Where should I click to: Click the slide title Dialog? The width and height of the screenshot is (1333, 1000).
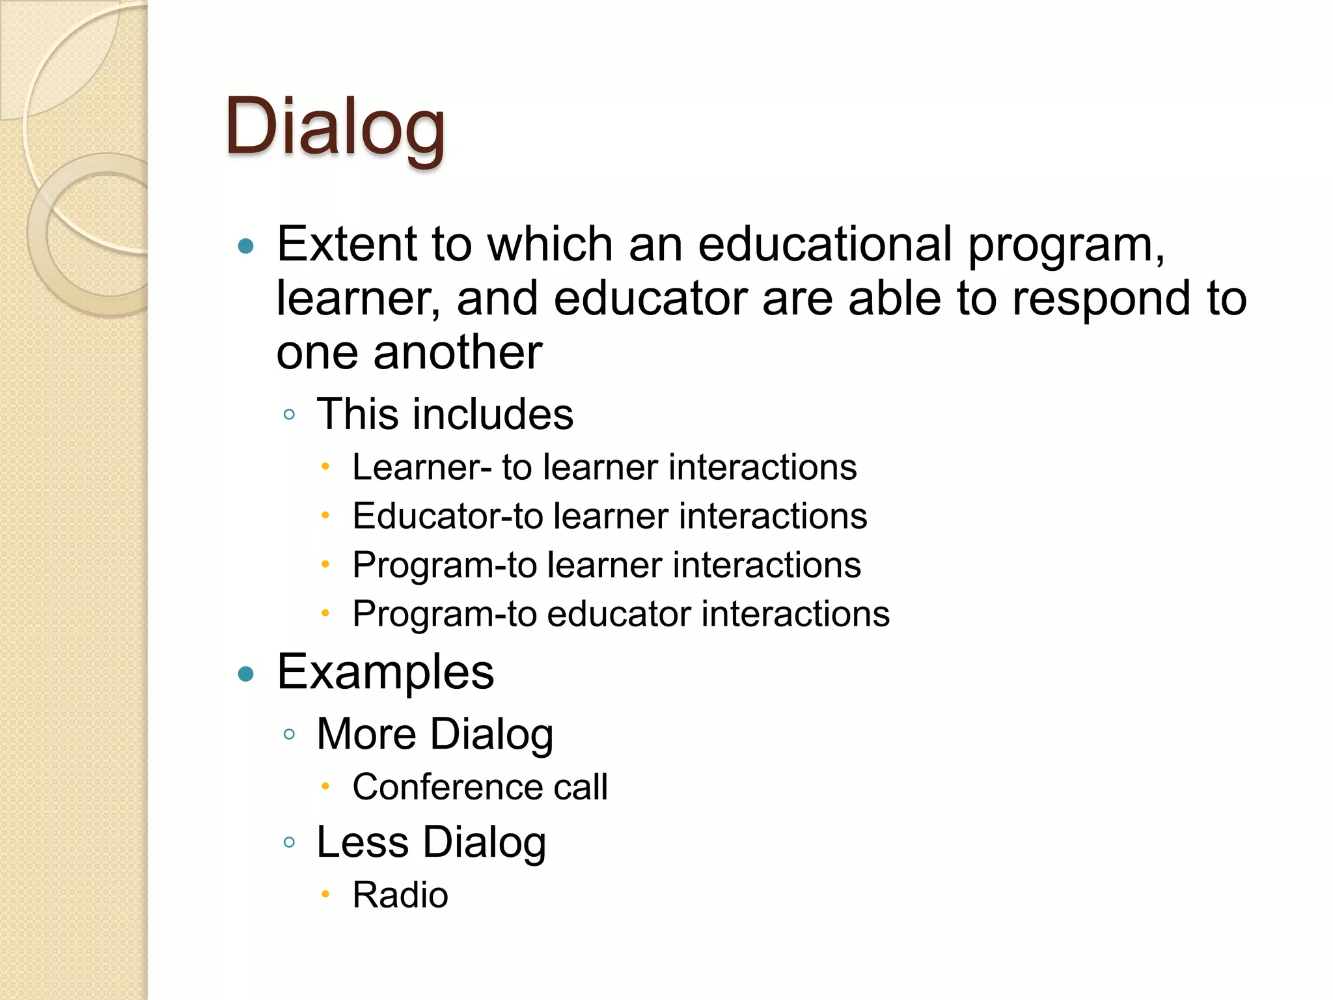tap(335, 127)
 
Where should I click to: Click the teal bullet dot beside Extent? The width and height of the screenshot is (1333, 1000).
tap(246, 246)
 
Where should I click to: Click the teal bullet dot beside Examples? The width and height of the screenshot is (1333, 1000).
tap(246, 674)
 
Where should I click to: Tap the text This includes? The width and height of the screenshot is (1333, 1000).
tap(445, 414)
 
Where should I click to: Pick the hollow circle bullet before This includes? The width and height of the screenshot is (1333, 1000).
tap(290, 415)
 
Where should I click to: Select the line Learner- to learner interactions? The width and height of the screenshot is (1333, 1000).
tap(604, 467)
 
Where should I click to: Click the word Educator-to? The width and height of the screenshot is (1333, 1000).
tap(447, 516)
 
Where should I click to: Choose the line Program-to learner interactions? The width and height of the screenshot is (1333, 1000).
tap(606, 564)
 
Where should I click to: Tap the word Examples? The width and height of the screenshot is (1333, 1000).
tap(385, 673)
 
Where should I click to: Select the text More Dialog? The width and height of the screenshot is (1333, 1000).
tap(435, 734)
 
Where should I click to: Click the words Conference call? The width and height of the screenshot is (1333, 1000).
tap(480, 787)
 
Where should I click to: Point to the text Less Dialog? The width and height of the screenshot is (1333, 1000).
tap(431, 842)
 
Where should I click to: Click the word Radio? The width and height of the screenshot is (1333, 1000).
tap(400, 895)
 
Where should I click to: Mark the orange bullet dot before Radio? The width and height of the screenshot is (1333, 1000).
tap(325, 895)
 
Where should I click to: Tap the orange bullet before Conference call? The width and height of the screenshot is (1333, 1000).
tap(325, 786)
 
